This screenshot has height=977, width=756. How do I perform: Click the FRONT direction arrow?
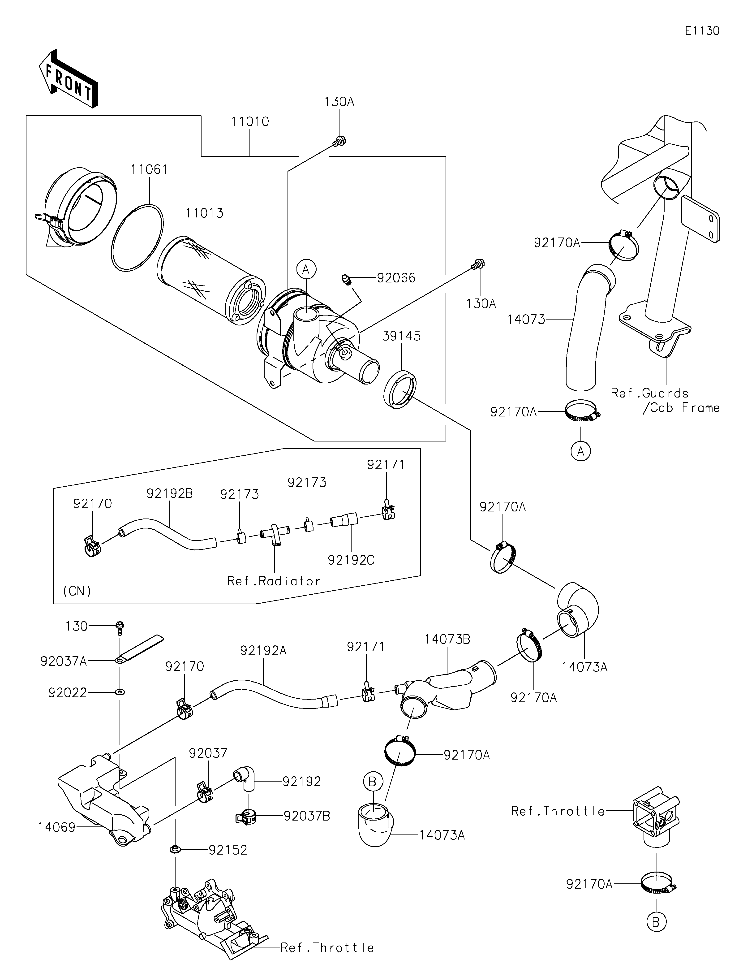click(69, 79)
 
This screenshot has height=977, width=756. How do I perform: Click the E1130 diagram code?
click(702, 31)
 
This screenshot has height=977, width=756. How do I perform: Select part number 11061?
click(149, 169)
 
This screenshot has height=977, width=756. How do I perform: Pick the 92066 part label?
click(396, 278)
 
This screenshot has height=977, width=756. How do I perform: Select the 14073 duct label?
click(526, 320)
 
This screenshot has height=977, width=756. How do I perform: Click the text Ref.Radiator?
click(274, 581)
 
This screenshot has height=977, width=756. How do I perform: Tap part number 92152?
click(228, 850)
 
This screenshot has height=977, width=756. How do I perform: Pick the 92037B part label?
click(307, 816)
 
